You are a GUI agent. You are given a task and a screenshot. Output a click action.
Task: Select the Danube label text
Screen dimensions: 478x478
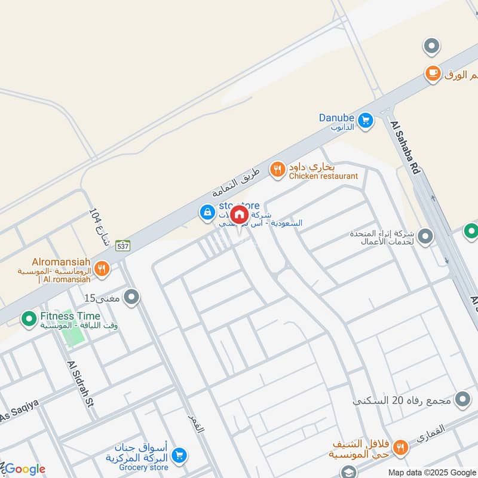[x=336, y=118]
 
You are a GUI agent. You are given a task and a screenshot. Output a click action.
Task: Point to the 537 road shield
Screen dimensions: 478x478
[x=122, y=245]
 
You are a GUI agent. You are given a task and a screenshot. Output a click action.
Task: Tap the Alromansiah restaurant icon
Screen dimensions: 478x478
[x=102, y=269]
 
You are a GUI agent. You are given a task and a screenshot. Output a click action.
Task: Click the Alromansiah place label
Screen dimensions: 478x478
[x=62, y=262]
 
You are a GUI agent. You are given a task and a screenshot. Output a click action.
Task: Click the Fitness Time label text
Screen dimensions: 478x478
[x=71, y=316]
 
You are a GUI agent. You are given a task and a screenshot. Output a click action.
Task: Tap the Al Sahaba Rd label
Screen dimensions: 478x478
[x=406, y=146]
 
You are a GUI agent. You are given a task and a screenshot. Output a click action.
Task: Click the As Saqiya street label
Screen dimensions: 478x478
[x=19, y=411]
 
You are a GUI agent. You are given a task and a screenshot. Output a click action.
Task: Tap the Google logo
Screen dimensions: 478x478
[x=24, y=469]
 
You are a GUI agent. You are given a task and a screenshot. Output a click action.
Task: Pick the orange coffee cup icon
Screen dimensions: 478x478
[x=433, y=73]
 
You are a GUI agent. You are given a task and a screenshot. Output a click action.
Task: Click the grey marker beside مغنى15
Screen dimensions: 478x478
[x=132, y=296]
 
